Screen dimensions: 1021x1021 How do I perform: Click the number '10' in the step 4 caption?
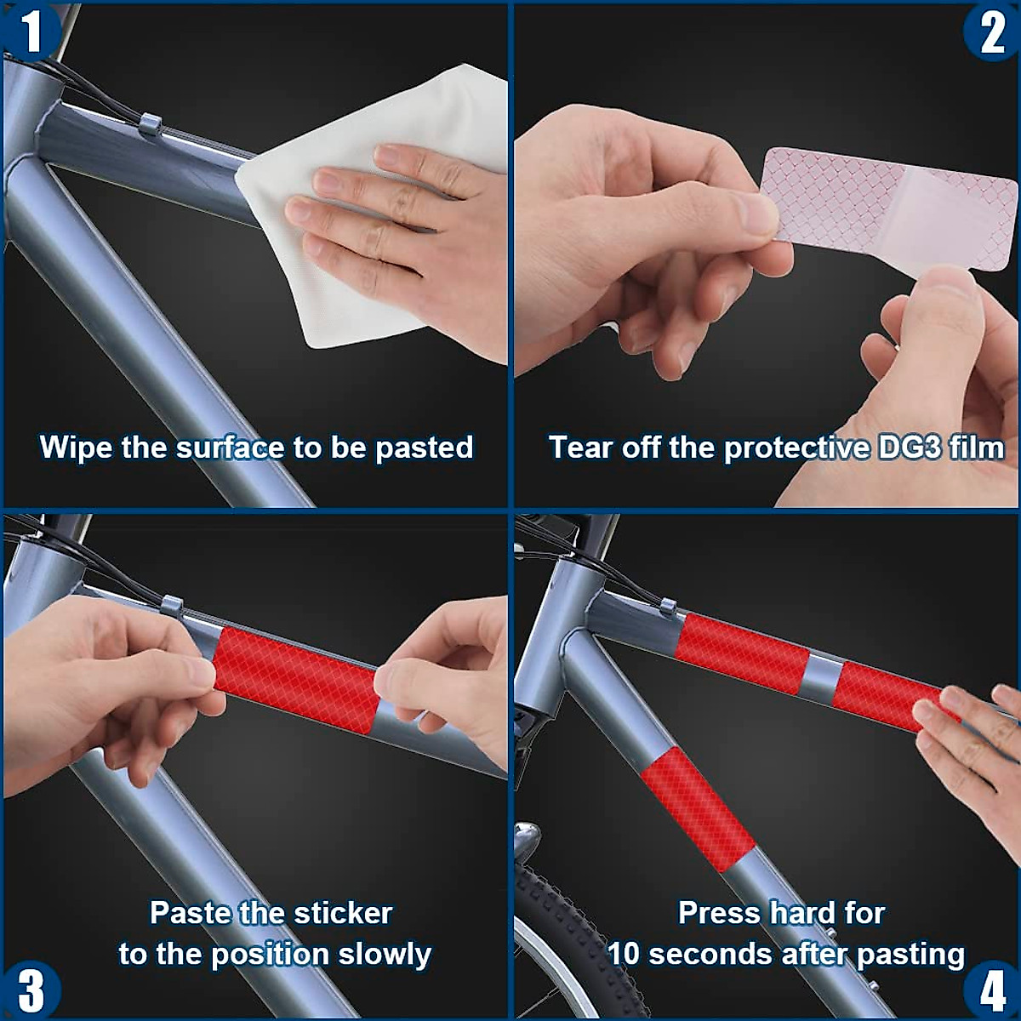click(x=625, y=954)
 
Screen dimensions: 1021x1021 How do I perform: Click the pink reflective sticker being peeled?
click(x=890, y=209)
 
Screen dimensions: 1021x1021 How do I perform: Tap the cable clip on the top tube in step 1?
click(x=149, y=124)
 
